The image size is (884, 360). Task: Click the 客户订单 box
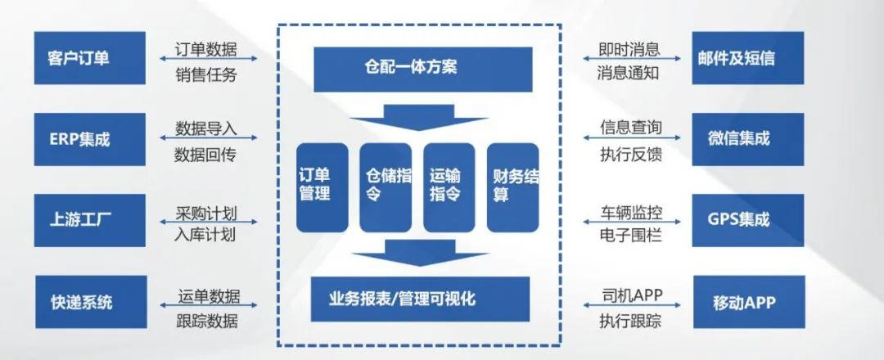tap(90, 58)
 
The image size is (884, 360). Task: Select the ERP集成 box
tap(90, 139)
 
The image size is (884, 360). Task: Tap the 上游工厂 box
tap(90, 220)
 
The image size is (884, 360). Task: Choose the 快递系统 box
tap(91, 302)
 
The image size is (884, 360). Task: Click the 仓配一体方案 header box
tap(423, 70)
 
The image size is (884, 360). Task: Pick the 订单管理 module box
tap(322, 187)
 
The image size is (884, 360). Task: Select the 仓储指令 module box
tap(386, 187)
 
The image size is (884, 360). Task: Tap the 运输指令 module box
tap(449, 187)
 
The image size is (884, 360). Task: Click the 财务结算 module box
tap(513, 187)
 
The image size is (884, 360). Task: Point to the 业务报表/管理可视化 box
tap(421, 299)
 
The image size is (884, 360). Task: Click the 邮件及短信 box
tap(747, 58)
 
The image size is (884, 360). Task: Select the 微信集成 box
tap(747, 139)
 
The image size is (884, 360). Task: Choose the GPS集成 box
tap(747, 220)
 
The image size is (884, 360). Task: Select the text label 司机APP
tap(631, 295)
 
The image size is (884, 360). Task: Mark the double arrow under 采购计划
tap(209, 222)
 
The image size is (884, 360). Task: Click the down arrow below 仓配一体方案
tap(418, 117)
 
